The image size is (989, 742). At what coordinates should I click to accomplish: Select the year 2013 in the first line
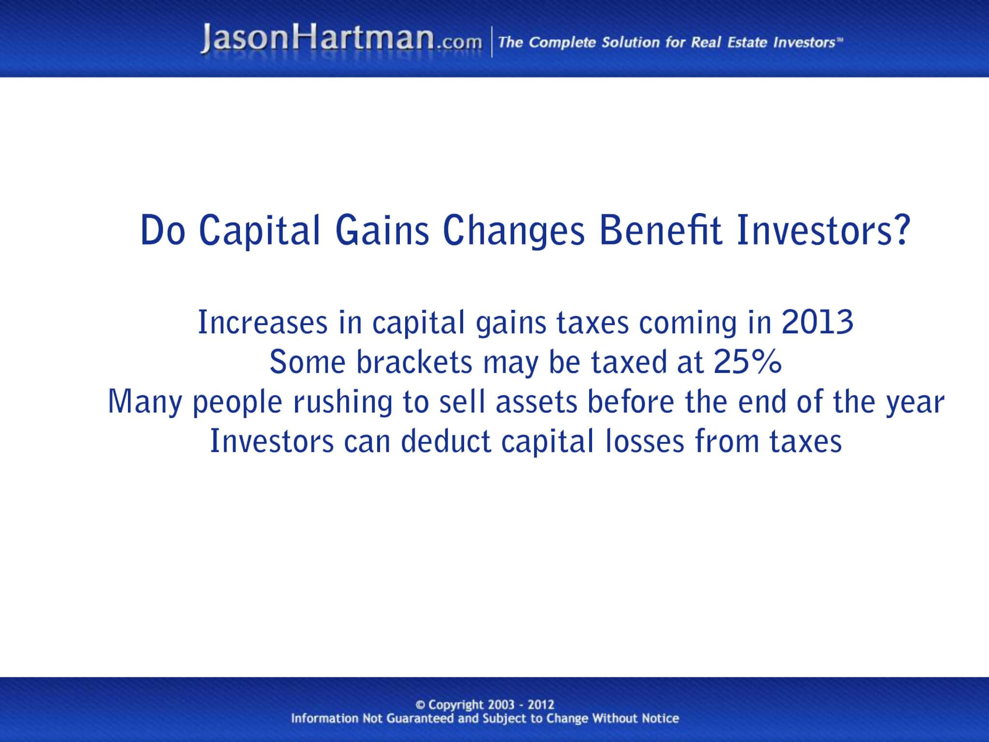click(x=818, y=323)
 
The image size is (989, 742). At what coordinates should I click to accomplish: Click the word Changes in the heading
click(x=514, y=231)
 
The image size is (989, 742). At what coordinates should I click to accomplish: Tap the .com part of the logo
click(x=459, y=43)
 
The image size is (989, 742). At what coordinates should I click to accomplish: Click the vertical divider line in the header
click(x=492, y=42)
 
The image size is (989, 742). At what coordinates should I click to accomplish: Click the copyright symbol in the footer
click(x=420, y=705)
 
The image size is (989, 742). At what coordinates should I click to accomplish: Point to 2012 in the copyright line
click(x=541, y=705)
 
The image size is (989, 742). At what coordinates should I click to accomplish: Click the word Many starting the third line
click(x=144, y=402)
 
